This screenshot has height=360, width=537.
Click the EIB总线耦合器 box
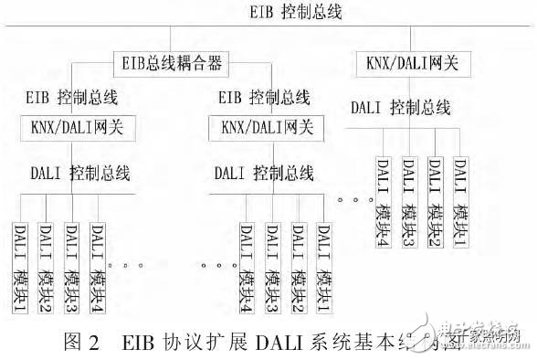tap(172, 65)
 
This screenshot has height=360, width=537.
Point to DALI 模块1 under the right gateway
tap(462, 196)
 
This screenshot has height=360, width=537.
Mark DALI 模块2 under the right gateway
tap(437, 196)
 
